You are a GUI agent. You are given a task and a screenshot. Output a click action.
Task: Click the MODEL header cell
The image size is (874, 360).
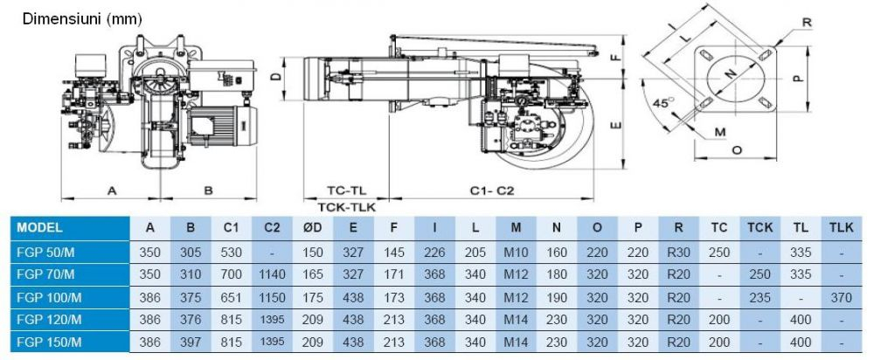click(39, 227)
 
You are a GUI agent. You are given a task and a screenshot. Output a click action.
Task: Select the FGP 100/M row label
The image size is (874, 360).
click(49, 298)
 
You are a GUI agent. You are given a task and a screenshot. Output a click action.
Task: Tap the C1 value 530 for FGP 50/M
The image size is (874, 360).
click(232, 253)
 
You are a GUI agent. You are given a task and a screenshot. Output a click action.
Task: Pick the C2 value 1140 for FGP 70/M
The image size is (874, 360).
click(272, 274)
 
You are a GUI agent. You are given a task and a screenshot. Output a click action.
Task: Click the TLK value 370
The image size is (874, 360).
click(841, 298)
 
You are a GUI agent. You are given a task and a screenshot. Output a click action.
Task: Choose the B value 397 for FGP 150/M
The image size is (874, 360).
click(191, 342)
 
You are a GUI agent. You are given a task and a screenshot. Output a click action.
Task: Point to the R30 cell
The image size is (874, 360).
click(678, 253)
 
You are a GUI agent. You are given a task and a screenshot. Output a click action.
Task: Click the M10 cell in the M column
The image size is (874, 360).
click(516, 253)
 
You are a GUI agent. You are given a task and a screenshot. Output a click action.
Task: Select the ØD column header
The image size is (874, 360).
click(313, 227)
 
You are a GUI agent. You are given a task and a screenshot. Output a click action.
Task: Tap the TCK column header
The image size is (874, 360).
click(760, 227)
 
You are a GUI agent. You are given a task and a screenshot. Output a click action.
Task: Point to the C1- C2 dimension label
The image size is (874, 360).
click(491, 190)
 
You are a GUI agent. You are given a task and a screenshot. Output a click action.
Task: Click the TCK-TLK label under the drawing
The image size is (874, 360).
click(347, 207)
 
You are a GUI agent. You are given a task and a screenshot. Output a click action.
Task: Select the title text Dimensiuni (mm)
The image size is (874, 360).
click(82, 19)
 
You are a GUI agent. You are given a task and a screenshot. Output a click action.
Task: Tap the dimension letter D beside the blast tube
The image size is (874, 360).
click(274, 76)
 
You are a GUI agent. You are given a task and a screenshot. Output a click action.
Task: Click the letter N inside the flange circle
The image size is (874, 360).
click(732, 73)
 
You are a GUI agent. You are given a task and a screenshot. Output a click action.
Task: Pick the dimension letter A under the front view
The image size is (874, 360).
click(112, 190)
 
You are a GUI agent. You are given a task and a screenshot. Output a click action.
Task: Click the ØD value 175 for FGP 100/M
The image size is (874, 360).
click(313, 298)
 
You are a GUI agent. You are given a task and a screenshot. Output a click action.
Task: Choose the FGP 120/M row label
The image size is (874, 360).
click(49, 319)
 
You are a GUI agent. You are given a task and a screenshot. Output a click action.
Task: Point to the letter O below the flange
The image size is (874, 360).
click(736, 149)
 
